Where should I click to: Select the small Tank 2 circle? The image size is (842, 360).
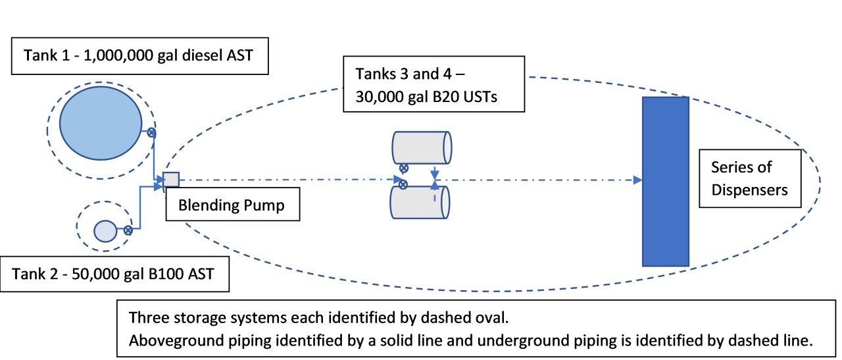click(x=105, y=230)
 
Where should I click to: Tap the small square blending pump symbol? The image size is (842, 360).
click(x=171, y=179)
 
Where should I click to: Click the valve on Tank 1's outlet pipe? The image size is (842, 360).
click(x=151, y=134)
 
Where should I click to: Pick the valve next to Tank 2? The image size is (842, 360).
click(x=128, y=230)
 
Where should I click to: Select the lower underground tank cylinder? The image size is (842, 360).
click(x=421, y=202)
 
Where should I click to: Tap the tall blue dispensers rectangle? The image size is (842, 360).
click(x=666, y=181)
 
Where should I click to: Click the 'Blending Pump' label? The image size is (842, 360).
click(x=232, y=205)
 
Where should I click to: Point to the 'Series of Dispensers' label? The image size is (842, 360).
click(x=749, y=178)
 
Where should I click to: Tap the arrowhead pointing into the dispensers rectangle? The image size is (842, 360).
click(x=637, y=180)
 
